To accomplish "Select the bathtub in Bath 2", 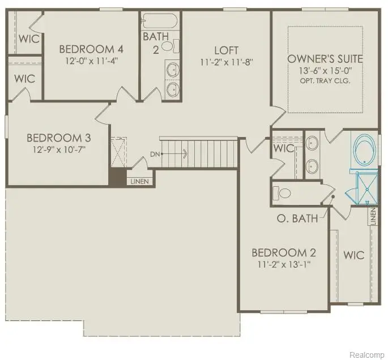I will pyautogui.click(x=160, y=22).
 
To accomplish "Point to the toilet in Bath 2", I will pyautogui.click(x=175, y=45).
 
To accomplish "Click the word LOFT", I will pyautogui.click(x=226, y=50).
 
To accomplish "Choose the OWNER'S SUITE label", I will pyautogui.click(x=325, y=59).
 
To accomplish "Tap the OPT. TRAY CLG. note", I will pyautogui.click(x=325, y=80).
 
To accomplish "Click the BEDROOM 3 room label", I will pyautogui.click(x=59, y=138).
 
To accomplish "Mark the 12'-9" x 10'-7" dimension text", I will pyautogui.click(x=59, y=150).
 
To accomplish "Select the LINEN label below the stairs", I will pyautogui.click(x=139, y=181).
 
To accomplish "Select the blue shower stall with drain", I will pyautogui.click(x=365, y=186).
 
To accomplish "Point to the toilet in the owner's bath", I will pyautogui.click(x=283, y=193).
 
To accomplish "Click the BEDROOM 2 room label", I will pyautogui.click(x=283, y=252).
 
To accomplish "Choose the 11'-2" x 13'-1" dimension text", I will pyautogui.click(x=283, y=264).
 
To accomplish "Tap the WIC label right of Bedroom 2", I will pyautogui.click(x=354, y=255).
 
